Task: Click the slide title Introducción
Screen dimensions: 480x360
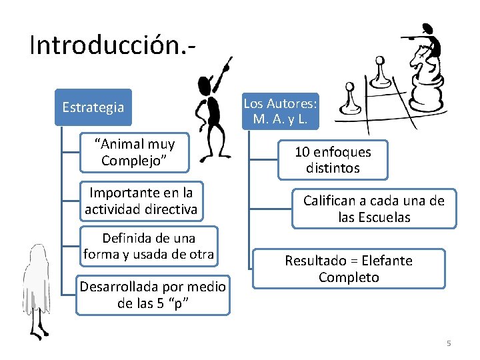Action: pyautogui.click(x=112, y=45)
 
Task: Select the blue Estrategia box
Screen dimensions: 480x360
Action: pyautogui.click(x=93, y=107)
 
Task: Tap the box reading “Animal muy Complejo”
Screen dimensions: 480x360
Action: pyautogui.click(x=135, y=153)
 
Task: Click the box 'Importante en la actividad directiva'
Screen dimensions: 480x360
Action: pyautogui.click(x=141, y=201)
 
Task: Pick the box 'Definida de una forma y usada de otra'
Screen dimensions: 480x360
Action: pyautogui.click(x=149, y=246)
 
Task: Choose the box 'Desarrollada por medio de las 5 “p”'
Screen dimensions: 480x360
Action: pyautogui.click(x=153, y=295)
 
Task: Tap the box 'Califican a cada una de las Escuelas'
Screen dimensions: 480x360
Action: pyautogui.click(x=373, y=209)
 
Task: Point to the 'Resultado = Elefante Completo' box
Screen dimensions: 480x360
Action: pyautogui.click(x=349, y=269)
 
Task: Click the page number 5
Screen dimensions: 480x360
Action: pyautogui.click(x=449, y=343)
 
